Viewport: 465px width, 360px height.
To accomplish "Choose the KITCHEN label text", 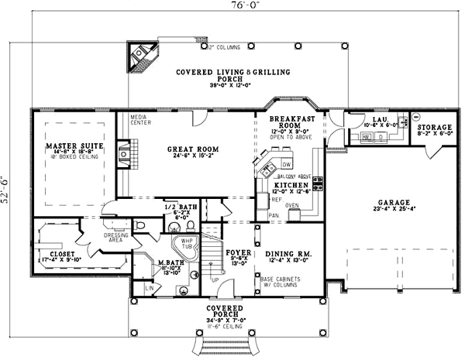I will pyautogui.click(x=291, y=187).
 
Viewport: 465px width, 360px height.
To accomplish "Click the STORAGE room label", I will pyautogui.click(x=434, y=127).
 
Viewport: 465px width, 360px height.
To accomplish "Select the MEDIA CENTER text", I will pyautogui.click(x=140, y=120).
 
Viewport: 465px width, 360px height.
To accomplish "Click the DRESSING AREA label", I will pyautogui.click(x=95, y=237).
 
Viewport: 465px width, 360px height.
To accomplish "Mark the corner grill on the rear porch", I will pyautogui.click(x=142, y=54).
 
